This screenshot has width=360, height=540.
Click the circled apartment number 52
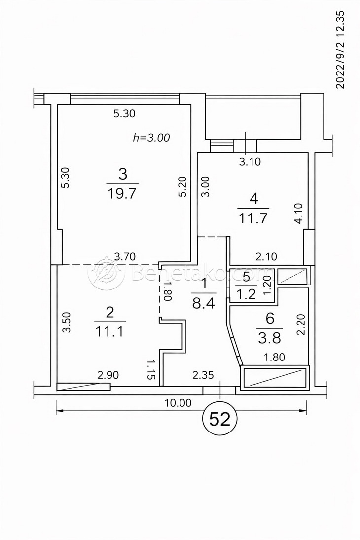[220, 419]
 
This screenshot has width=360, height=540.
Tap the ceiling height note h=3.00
[151, 138]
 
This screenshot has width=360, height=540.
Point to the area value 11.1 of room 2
[109, 331]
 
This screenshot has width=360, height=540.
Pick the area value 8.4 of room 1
[203, 303]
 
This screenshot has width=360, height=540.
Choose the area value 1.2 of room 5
[246, 295]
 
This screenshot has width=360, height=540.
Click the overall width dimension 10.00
[178, 403]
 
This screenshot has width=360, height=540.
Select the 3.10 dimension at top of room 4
[250, 161]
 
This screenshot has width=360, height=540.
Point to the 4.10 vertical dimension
[299, 215]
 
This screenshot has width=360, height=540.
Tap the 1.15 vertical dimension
[151, 369]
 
